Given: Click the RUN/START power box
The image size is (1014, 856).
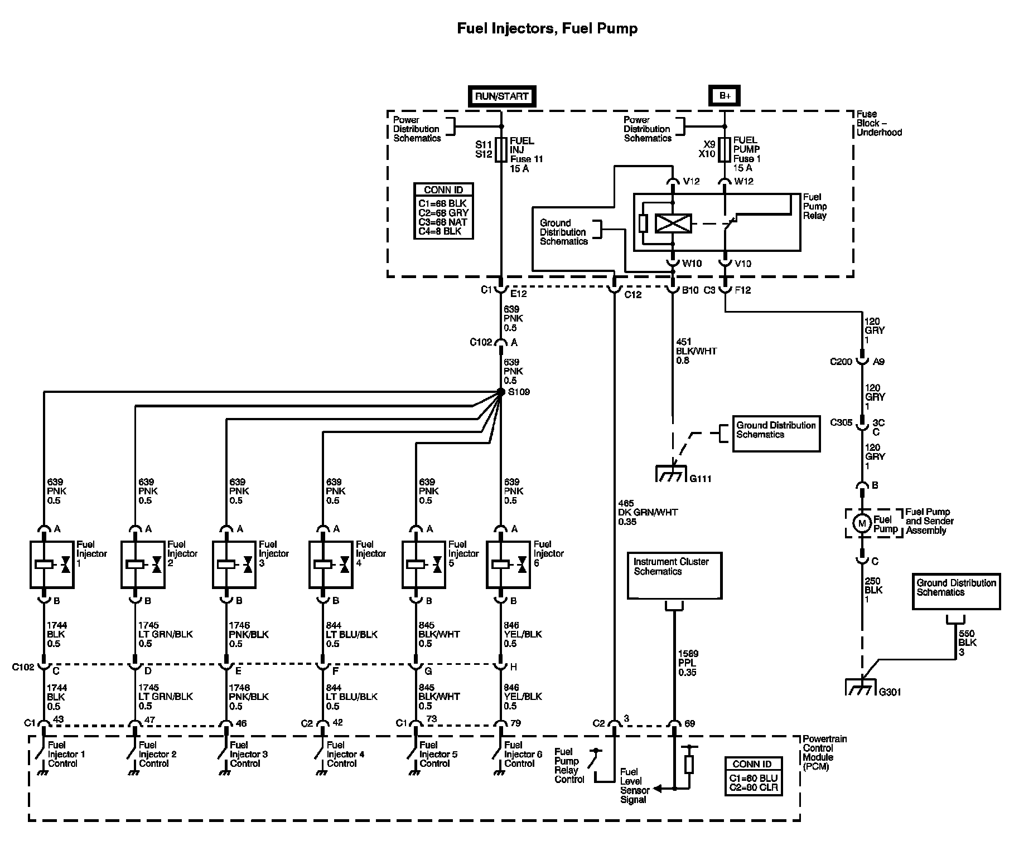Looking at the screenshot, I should (x=501, y=96).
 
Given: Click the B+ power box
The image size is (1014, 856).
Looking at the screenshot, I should (x=725, y=96).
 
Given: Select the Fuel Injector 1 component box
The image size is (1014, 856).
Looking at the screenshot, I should (x=52, y=564).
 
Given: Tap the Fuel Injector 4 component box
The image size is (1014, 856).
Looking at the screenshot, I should (x=331, y=564).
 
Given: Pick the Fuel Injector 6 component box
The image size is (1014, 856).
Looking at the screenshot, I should (x=508, y=564).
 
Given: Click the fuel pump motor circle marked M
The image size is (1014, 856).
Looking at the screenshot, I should (x=862, y=523).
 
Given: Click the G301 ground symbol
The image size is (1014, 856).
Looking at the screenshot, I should (x=862, y=688).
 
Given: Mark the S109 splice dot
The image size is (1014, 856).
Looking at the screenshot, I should (x=500, y=392).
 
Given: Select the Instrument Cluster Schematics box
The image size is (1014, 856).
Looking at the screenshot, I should (x=674, y=576).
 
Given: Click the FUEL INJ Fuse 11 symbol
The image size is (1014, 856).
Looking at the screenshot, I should (x=500, y=150).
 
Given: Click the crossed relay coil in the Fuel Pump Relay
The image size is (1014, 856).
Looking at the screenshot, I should (x=673, y=223).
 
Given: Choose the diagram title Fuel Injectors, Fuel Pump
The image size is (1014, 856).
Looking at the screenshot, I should (x=547, y=28).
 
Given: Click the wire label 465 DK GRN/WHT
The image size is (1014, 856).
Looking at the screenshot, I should (x=648, y=512).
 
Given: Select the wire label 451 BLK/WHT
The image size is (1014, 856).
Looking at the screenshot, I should (x=696, y=351).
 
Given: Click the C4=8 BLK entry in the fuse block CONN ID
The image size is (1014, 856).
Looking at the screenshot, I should (x=440, y=231).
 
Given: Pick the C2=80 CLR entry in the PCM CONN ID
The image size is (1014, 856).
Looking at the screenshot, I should (x=753, y=787).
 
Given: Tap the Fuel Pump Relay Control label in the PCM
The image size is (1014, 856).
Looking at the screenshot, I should (x=569, y=766).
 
